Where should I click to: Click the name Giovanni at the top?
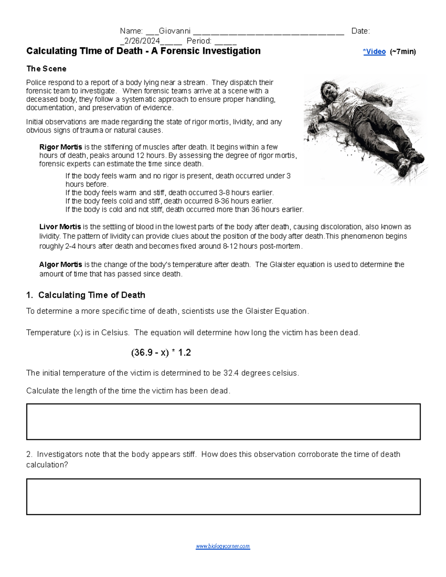click(x=174, y=31)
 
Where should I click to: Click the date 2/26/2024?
click(x=142, y=41)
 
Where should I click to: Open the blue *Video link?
click(x=374, y=52)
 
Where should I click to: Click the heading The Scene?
click(x=46, y=69)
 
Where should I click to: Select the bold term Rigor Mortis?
click(x=61, y=147)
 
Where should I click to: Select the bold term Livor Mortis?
click(x=60, y=227)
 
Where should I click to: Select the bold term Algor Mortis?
click(x=61, y=265)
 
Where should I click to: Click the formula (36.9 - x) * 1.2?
click(x=161, y=353)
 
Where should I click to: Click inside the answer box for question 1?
click(x=223, y=422)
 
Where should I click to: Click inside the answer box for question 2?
click(x=223, y=496)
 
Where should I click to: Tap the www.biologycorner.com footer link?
click(x=223, y=547)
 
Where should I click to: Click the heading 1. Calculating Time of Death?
click(x=85, y=295)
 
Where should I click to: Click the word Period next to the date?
click(x=199, y=41)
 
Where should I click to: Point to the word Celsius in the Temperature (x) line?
click(x=115, y=333)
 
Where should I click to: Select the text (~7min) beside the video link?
click(x=403, y=52)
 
